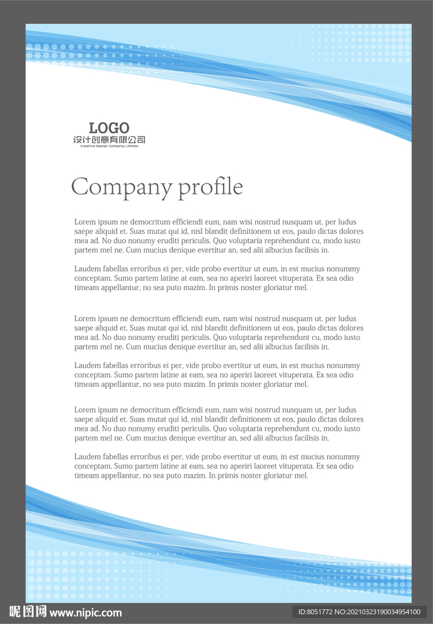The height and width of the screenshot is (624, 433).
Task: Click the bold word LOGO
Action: (x=109, y=128)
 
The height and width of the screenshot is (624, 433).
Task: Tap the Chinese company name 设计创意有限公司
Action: (x=109, y=140)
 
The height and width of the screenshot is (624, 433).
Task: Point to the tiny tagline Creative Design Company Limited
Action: (x=109, y=146)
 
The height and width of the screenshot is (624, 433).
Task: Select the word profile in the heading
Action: (x=210, y=187)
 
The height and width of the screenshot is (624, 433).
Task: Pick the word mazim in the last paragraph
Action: (x=194, y=476)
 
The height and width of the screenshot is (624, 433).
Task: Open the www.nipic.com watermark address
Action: (x=85, y=612)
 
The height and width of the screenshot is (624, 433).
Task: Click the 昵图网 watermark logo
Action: (x=27, y=612)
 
